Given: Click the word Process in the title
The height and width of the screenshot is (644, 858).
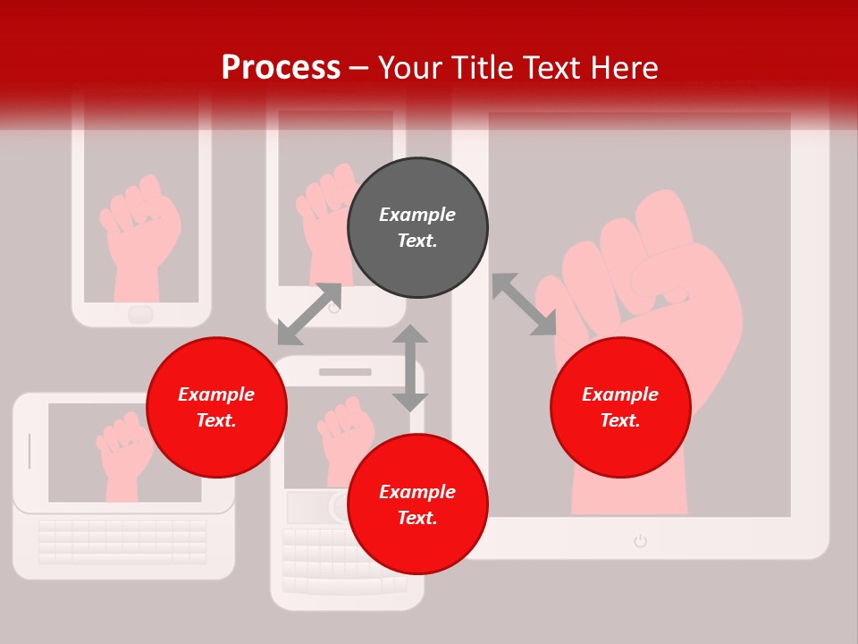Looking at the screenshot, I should [x=281, y=68].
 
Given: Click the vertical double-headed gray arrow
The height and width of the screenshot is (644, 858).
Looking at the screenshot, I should [x=410, y=368].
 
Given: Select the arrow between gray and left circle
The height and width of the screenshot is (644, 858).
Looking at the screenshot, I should [x=309, y=314].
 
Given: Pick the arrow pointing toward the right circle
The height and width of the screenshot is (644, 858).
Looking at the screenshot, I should [x=524, y=305].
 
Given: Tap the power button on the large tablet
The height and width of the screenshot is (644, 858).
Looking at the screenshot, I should [x=640, y=540].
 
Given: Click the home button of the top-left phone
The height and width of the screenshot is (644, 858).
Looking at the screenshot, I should [x=140, y=314].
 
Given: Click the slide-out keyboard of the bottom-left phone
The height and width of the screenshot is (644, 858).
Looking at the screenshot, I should [x=122, y=542].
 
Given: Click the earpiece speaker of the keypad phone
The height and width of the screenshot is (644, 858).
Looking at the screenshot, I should [x=345, y=371].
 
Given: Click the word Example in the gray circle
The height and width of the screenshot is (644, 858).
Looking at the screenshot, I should [x=417, y=215].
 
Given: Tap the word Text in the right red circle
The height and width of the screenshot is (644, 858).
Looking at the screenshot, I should [x=620, y=420].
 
